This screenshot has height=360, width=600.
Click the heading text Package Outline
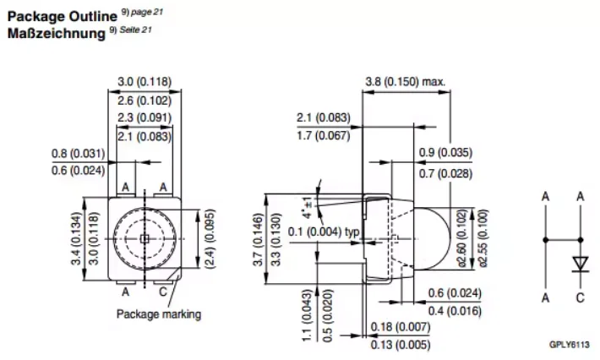tap(62, 16)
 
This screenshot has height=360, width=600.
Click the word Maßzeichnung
tap(57, 33)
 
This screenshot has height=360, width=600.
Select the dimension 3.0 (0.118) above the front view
tap(145, 81)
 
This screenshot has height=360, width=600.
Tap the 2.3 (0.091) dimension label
tap(145, 117)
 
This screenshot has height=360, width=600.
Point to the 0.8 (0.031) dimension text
tap(78, 154)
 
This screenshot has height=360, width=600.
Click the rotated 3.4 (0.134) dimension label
tap(77, 238)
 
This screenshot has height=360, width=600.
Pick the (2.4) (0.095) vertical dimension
tap(210, 238)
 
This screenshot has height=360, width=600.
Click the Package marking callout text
tap(158, 314)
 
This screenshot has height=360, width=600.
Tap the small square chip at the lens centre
tap(145, 239)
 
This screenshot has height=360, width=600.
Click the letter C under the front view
tap(163, 292)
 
